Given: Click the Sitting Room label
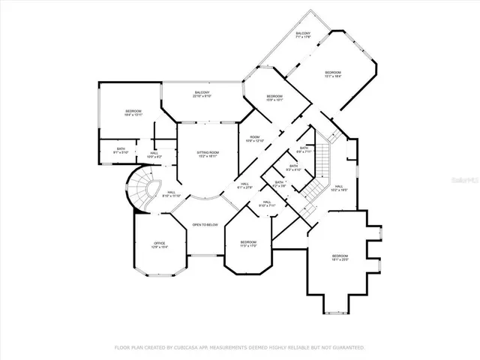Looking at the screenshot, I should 208,154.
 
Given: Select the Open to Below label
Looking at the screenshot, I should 205,225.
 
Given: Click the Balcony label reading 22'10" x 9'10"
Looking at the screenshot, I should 202,94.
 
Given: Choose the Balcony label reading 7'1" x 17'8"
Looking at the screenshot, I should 303,35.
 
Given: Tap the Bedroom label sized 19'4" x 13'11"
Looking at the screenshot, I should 133,112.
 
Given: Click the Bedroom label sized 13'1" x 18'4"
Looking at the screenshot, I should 349,73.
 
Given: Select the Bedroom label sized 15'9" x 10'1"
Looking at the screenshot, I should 274,97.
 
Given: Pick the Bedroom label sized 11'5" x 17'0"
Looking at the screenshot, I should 248,244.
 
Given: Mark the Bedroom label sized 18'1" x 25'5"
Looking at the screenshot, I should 340,258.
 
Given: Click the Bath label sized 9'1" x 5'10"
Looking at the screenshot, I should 121,150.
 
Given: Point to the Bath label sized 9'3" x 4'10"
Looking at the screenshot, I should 293,167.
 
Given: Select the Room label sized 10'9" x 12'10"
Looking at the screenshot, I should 255,139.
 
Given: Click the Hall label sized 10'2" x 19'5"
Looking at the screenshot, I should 339,187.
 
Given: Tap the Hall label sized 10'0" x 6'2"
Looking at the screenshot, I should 154,154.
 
